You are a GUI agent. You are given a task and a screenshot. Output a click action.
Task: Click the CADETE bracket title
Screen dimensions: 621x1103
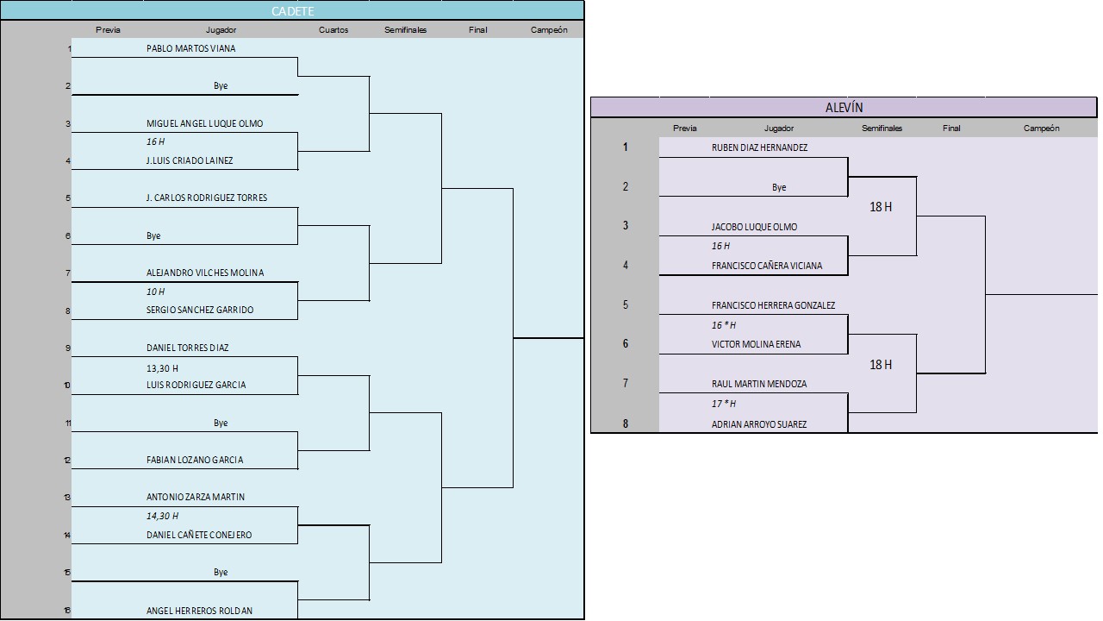(293, 11)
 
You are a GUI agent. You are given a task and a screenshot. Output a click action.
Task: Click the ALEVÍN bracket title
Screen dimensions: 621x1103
(844, 108)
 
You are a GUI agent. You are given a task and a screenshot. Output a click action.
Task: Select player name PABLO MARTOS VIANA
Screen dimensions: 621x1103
(190, 49)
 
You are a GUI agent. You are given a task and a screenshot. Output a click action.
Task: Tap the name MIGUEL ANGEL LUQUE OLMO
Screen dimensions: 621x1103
(204, 123)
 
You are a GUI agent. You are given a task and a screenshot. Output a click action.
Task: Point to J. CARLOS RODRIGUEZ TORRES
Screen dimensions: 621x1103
(207, 198)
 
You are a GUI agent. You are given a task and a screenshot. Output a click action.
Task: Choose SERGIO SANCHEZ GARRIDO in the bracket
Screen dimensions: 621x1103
(200, 310)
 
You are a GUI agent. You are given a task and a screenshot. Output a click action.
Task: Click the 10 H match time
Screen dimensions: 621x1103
(155, 292)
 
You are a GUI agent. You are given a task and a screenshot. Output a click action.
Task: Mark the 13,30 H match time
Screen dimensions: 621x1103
(162, 368)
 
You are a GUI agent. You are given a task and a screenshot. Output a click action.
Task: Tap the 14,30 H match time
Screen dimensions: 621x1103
(162, 516)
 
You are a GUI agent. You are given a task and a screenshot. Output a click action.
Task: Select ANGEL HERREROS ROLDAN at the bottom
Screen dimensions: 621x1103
(199, 611)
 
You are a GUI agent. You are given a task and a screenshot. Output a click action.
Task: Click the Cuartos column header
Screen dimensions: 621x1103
(333, 30)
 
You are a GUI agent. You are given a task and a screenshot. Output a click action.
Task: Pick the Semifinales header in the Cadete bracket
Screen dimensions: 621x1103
(405, 30)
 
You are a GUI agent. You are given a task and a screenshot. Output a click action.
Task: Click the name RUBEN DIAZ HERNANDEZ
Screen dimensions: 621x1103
(759, 147)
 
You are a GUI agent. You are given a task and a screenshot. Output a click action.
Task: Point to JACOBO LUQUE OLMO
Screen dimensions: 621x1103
(754, 228)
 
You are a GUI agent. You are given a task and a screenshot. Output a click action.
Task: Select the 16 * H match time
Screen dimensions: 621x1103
(724, 325)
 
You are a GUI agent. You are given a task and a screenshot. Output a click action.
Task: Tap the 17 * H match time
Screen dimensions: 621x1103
(724, 404)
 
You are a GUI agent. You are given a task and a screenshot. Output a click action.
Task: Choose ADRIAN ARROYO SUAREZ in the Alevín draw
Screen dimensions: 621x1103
(759, 424)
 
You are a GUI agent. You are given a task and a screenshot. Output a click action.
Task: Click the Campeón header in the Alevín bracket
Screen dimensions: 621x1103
(1041, 129)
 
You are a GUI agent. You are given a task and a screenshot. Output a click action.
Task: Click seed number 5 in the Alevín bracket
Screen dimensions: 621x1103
(626, 304)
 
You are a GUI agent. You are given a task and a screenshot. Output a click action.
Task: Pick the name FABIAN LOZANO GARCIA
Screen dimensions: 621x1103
(195, 461)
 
